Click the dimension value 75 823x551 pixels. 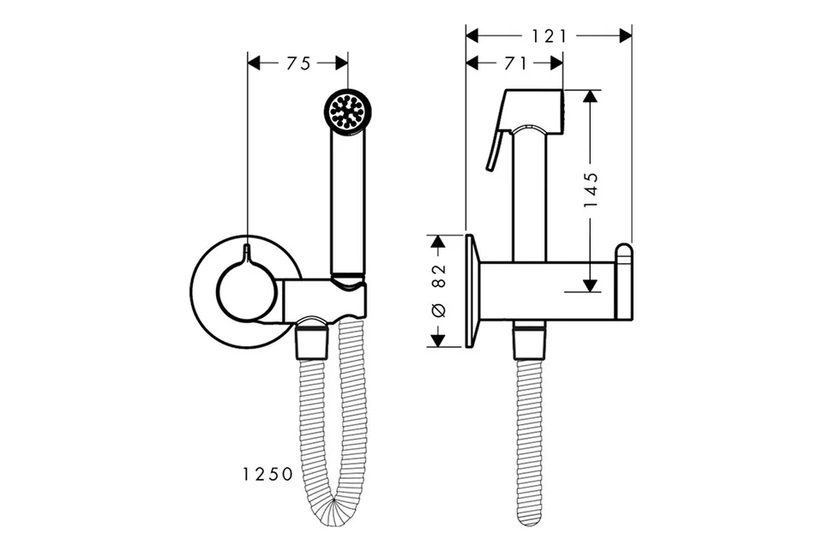click(298, 63)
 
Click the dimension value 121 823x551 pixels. click(550, 36)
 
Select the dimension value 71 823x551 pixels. click(515, 63)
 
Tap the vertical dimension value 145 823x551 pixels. click(591, 189)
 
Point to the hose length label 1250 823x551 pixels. click(267, 475)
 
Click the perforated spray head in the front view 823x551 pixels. click(348, 111)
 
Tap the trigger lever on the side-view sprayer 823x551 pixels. click(495, 150)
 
